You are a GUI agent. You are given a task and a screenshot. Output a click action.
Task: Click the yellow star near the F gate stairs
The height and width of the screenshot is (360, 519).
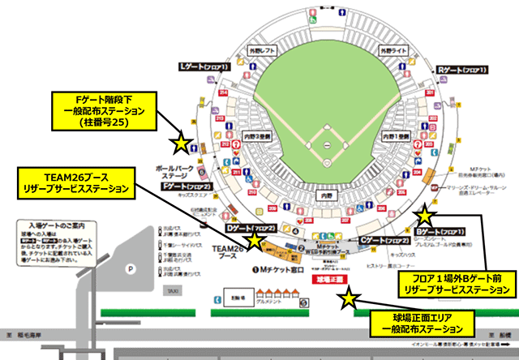(x=180, y=144)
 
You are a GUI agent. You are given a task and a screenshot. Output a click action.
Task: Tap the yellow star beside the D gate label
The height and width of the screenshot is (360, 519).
(x=255, y=240)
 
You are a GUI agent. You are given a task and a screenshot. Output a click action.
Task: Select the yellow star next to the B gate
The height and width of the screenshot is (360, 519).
(x=424, y=216)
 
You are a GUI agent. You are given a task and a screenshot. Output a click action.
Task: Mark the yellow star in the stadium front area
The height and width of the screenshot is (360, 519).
(x=349, y=299)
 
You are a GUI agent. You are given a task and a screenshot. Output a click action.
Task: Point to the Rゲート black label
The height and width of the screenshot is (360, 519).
(x=457, y=70)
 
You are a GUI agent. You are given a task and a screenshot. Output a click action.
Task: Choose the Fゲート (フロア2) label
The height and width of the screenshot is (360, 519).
(x=187, y=186)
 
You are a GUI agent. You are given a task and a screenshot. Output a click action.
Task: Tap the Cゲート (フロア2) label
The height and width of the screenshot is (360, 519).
(x=384, y=241)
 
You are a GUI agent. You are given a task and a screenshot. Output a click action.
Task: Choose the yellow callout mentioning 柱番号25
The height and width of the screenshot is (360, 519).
(x=98, y=111)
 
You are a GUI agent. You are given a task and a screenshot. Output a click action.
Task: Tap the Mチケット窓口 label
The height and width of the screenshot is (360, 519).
(x=282, y=268)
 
